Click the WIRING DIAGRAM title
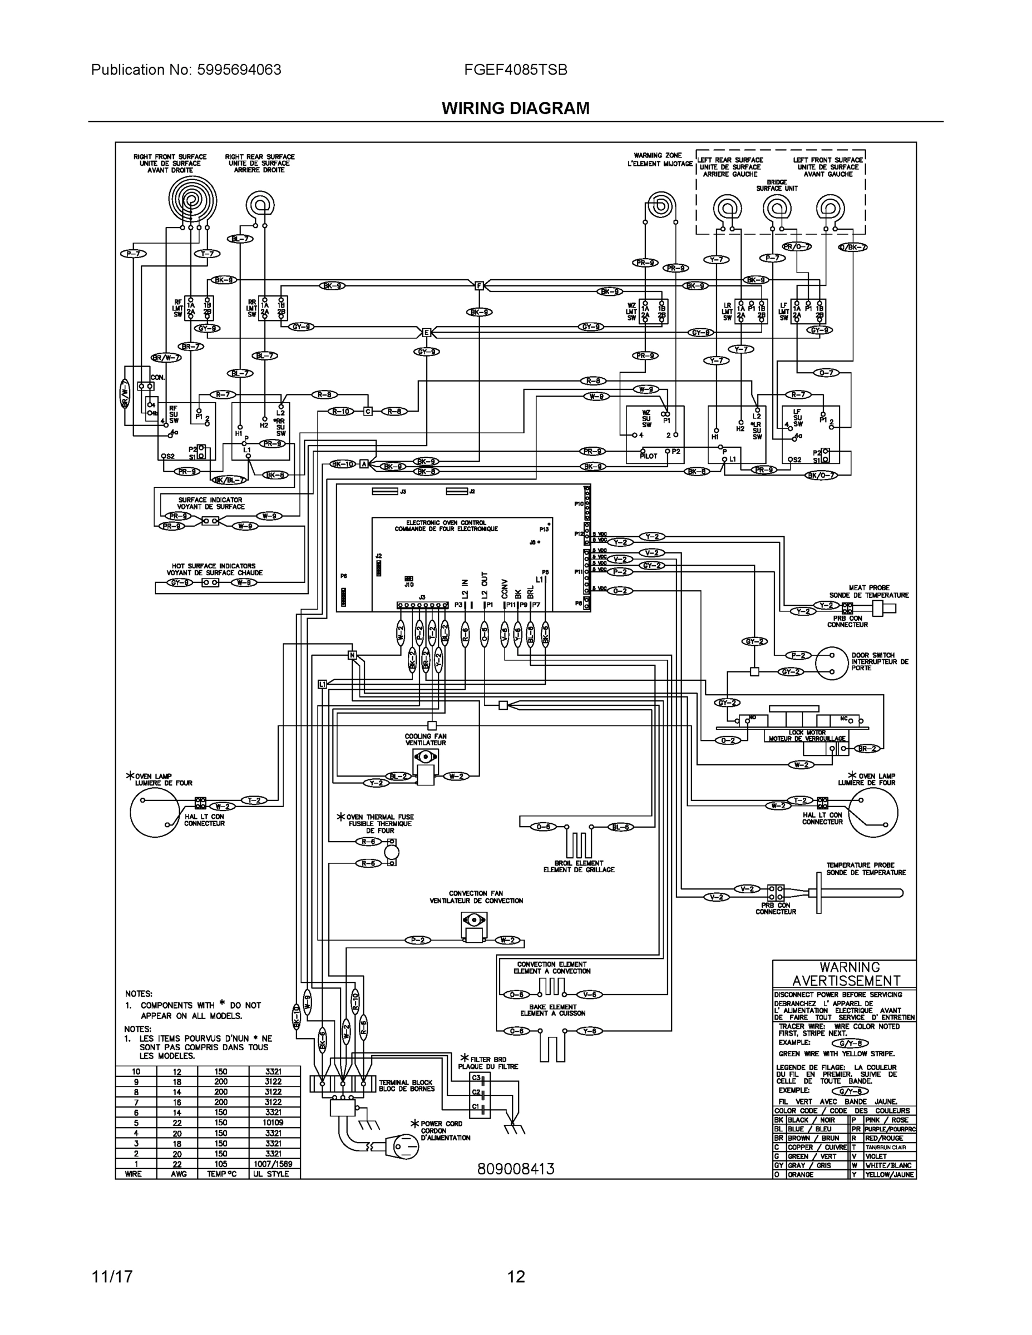point(515,108)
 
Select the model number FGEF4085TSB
point(515,70)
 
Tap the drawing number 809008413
point(515,1169)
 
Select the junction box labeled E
point(427,333)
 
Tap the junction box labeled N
point(352,655)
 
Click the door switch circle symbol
point(832,663)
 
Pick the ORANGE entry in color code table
point(801,1175)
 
